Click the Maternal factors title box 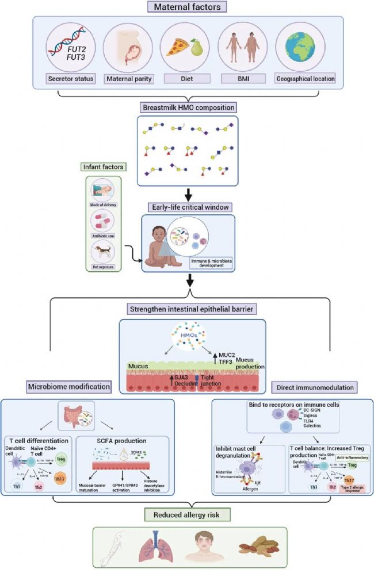186,7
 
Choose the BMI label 242,78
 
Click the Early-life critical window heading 187,207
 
